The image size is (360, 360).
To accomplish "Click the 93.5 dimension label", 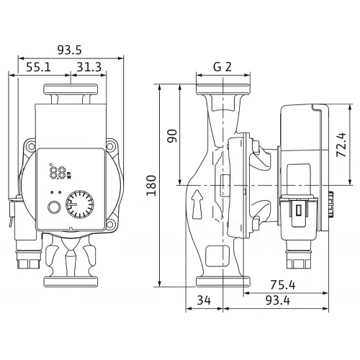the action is pyautogui.click(x=70, y=50).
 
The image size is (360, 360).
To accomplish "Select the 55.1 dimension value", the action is pyautogui.click(x=39, y=67).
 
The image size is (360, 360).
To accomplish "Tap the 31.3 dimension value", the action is pyautogui.click(x=89, y=67).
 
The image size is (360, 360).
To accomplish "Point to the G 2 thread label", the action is pyautogui.click(x=222, y=67).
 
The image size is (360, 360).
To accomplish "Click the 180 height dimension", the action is pyautogui.click(x=151, y=186).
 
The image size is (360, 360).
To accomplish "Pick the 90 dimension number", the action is pyautogui.click(x=172, y=136).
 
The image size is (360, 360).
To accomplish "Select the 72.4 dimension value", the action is pyautogui.click(x=341, y=145).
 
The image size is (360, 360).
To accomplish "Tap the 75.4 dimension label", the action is pyautogui.click(x=283, y=285).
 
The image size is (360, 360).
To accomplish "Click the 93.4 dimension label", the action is pyautogui.click(x=278, y=300).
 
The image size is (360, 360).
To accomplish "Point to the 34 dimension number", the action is pyautogui.click(x=204, y=300).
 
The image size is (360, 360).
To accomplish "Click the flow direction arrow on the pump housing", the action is pyautogui.click(x=197, y=204).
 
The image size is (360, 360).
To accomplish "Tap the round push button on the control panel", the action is pyautogui.click(x=54, y=207).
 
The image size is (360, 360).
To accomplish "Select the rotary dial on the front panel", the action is pyautogui.click(x=80, y=204).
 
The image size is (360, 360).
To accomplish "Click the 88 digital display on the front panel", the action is pyautogui.click(x=58, y=173).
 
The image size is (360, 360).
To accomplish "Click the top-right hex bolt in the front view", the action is pyautogui.click(x=109, y=146).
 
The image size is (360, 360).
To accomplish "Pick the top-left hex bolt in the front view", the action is pyautogui.click(x=31, y=146).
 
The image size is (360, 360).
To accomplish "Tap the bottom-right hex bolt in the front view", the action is pyautogui.click(x=109, y=225).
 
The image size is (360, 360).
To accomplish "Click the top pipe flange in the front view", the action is pyautogui.click(x=71, y=89).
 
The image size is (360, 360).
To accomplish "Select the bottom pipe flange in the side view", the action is pyautogui.click(x=223, y=282).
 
